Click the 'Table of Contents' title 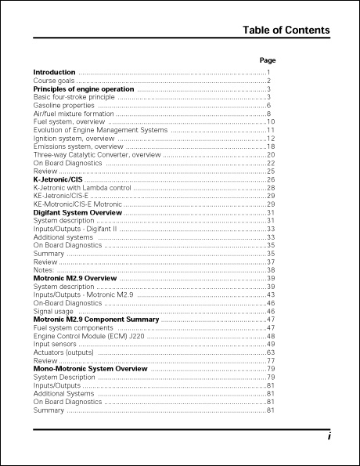286,31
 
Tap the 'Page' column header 267,60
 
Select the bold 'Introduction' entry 54,73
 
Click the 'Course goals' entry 53,81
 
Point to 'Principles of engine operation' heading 84,89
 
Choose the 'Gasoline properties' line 63,106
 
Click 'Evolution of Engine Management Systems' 100,130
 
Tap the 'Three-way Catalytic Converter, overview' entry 97,155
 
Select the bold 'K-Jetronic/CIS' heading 57,180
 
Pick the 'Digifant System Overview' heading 77,212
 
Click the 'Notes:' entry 43,269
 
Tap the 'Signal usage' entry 53,311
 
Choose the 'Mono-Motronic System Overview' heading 90,369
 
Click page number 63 270,352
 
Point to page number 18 270,146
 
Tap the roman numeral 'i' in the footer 329,438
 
